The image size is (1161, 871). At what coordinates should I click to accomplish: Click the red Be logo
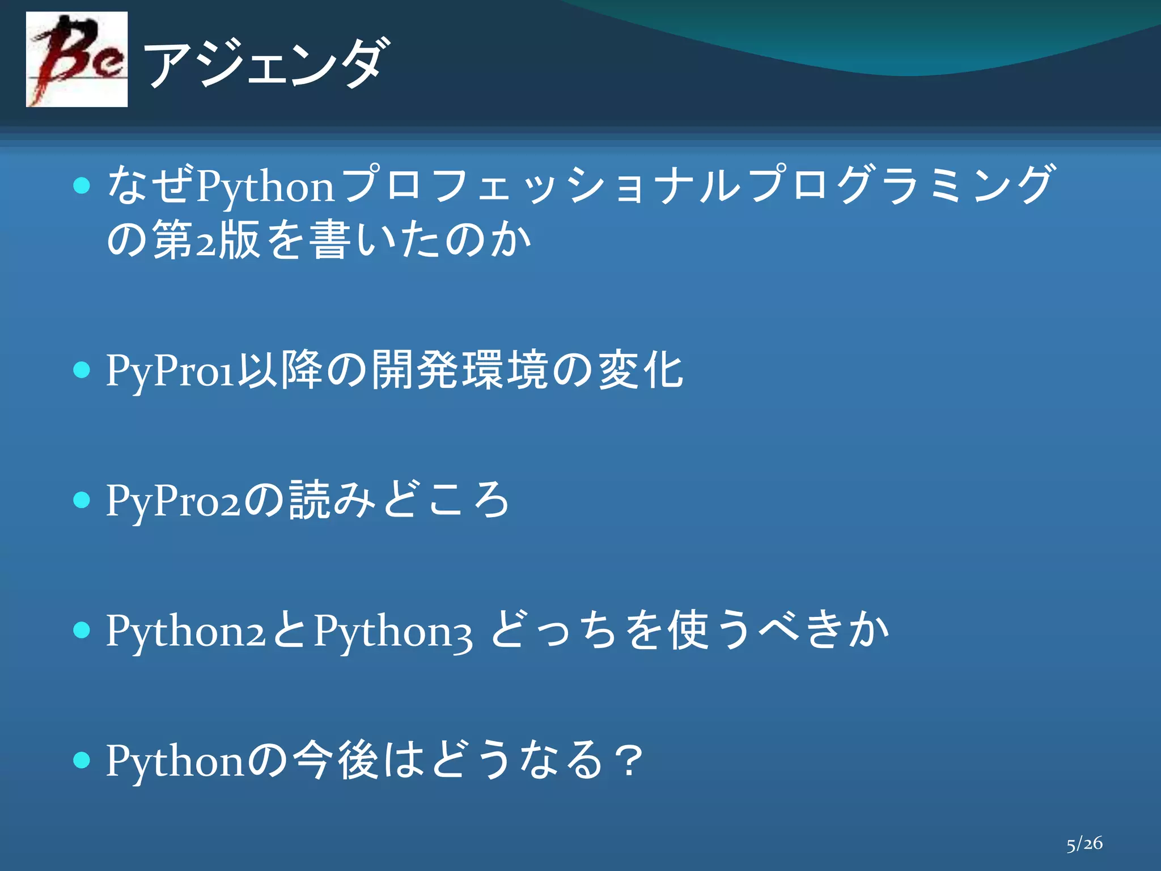tap(77, 60)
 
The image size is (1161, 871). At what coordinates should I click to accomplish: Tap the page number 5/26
tap(1084, 843)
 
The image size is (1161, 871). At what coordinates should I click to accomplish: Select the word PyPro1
tap(170, 371)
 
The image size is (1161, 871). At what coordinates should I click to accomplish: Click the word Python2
tap(185, 631)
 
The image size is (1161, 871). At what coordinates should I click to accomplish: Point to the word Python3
tap(392, 631)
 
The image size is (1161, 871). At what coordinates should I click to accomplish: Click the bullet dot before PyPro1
tap(82, 370)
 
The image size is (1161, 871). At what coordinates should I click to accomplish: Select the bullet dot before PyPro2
tap(82, 500)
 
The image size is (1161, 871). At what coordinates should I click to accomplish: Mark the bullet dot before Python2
tap(82, 630)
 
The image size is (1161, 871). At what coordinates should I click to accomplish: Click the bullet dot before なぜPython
tap(82, 185)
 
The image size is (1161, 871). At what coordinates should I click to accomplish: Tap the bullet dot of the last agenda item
tap(82, 760)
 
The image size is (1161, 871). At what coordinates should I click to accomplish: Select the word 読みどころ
tap(399, 500)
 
